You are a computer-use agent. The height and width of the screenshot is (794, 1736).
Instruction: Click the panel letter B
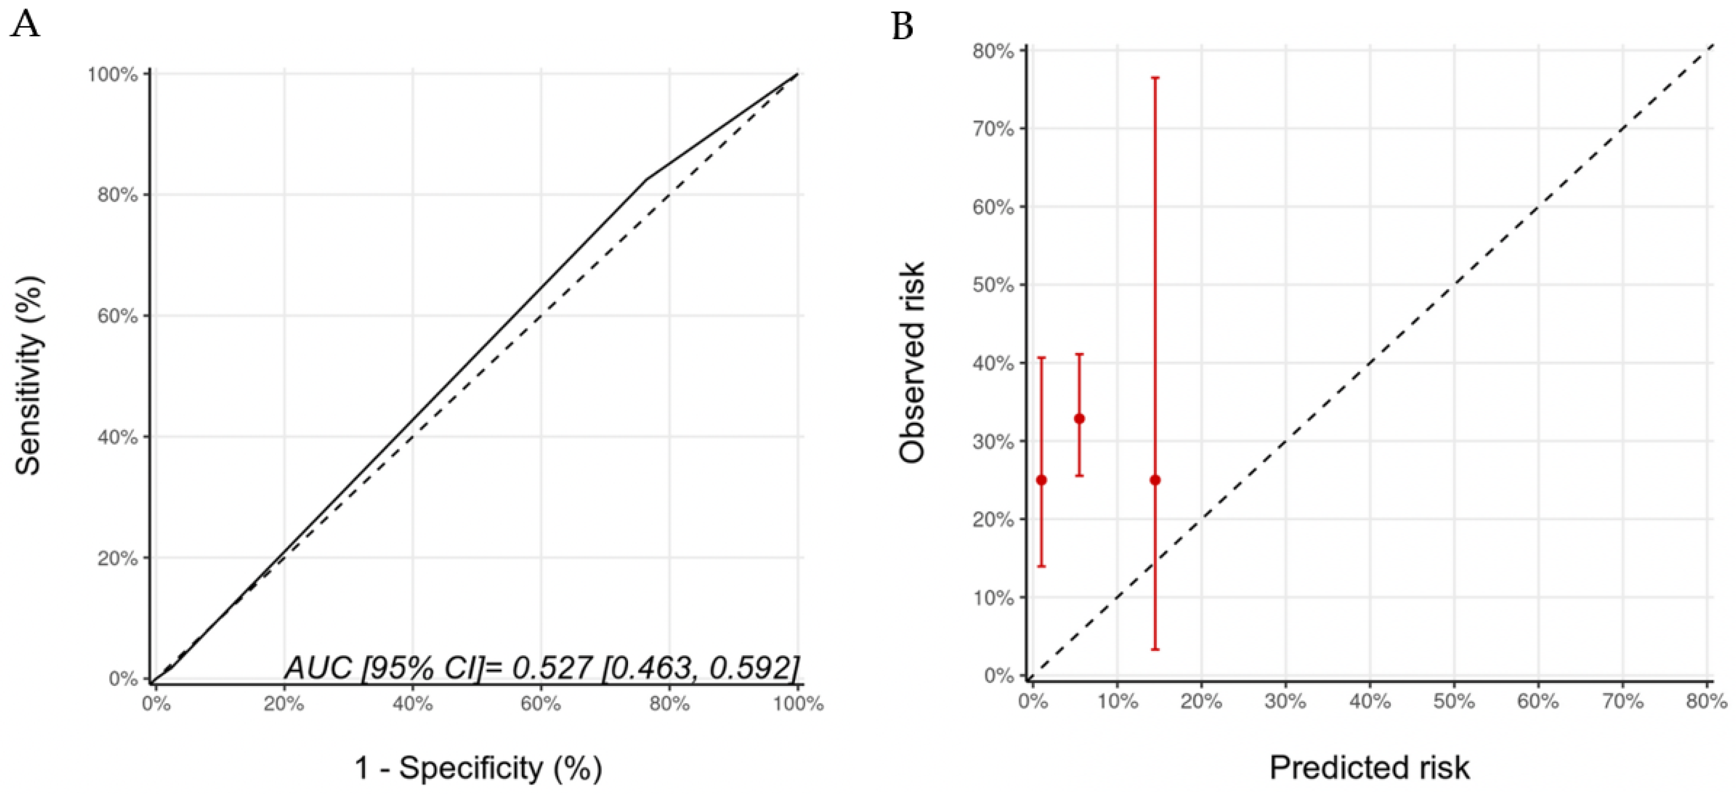903,27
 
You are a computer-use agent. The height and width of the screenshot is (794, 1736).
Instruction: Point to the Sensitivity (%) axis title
29,375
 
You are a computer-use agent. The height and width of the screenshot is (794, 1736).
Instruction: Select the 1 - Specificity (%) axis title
478,768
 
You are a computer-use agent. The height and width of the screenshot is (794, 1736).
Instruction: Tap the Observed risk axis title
912,363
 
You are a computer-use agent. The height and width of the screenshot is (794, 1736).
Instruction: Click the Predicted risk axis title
1369,768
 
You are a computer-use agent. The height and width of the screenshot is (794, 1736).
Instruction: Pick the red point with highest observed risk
1079,419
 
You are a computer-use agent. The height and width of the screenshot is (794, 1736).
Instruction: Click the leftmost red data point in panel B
1041,480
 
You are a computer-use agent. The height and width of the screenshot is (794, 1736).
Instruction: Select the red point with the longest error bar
1155,480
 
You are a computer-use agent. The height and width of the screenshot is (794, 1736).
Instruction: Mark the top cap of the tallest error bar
1155,78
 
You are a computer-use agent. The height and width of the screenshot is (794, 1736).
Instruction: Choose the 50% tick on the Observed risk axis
993,285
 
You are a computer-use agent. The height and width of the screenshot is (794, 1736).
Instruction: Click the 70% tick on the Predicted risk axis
1622,702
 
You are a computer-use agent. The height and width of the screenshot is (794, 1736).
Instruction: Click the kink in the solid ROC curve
648,179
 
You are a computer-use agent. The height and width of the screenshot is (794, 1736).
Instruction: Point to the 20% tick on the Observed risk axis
993,520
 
